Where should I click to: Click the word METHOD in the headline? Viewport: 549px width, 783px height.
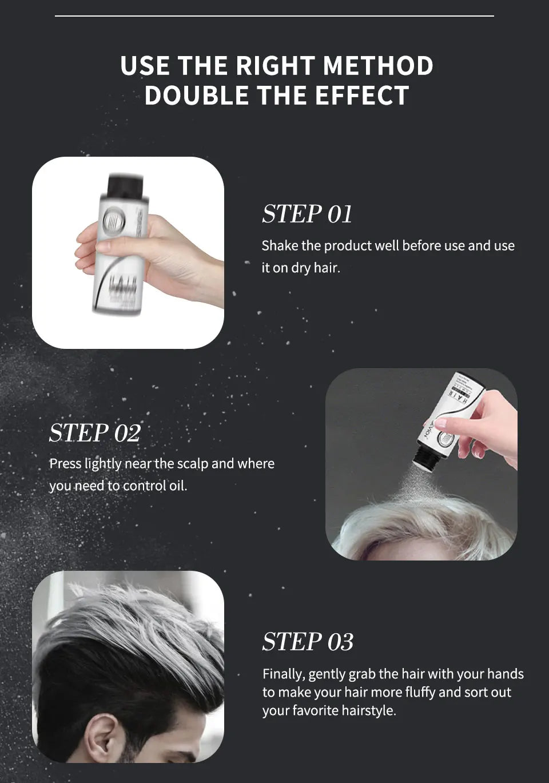378,65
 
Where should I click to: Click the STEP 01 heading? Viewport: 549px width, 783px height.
307,214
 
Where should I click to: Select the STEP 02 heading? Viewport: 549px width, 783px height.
94,432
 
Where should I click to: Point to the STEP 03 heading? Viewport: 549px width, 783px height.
308,642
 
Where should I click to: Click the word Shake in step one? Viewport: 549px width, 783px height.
280,246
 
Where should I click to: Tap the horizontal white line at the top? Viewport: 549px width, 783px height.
274,16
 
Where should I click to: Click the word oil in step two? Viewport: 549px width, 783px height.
177,486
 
